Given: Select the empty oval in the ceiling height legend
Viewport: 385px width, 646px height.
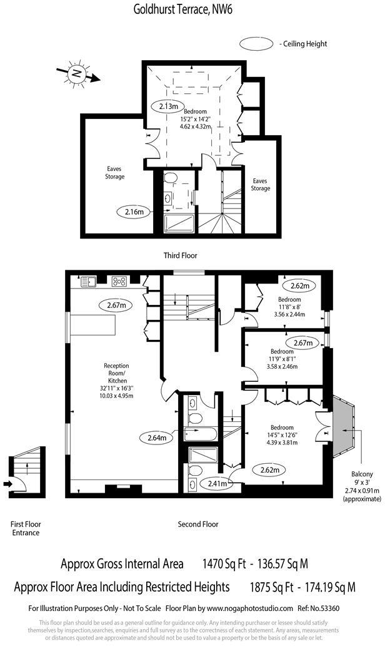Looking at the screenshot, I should coord(257,44).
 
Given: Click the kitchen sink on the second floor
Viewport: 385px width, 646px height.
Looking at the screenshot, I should coord(89,281).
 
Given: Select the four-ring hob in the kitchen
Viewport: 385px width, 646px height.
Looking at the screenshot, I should coord(119,281).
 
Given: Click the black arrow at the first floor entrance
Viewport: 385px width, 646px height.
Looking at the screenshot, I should coord(7,483).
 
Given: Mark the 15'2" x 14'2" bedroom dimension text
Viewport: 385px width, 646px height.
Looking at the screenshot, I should coord(196,119).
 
